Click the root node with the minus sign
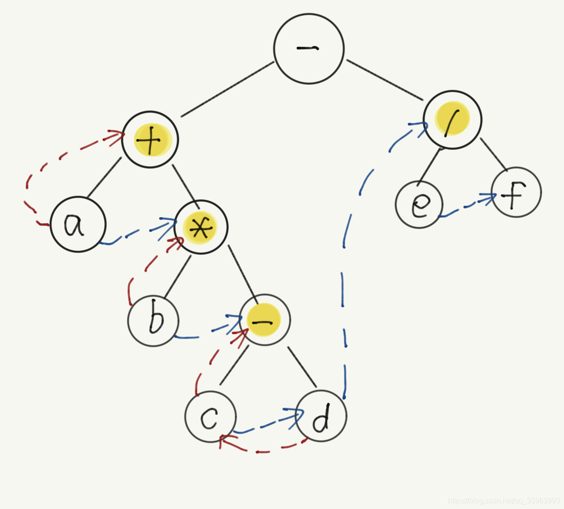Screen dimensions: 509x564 [x=309, y=49]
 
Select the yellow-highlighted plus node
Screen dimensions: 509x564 [x=150, y=139]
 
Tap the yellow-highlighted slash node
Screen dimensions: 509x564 [x=452, y=120]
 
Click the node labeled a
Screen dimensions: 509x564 [x=78, y=224]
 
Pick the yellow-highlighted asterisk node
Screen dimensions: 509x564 [x=200, y=227]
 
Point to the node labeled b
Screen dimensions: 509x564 [x=153, y=321]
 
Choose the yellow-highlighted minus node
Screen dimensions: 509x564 [x=265, y=320]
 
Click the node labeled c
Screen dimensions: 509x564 [x=210, y=416]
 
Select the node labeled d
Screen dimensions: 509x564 [x=321, y=416]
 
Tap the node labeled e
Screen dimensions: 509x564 [x=419, y=205]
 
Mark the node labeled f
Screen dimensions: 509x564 [x=516, y=192]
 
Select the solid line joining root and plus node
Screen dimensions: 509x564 [x=227, y=89]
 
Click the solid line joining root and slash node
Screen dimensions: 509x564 [x=384, y=80]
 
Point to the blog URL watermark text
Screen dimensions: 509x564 [x=503, y=500]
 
